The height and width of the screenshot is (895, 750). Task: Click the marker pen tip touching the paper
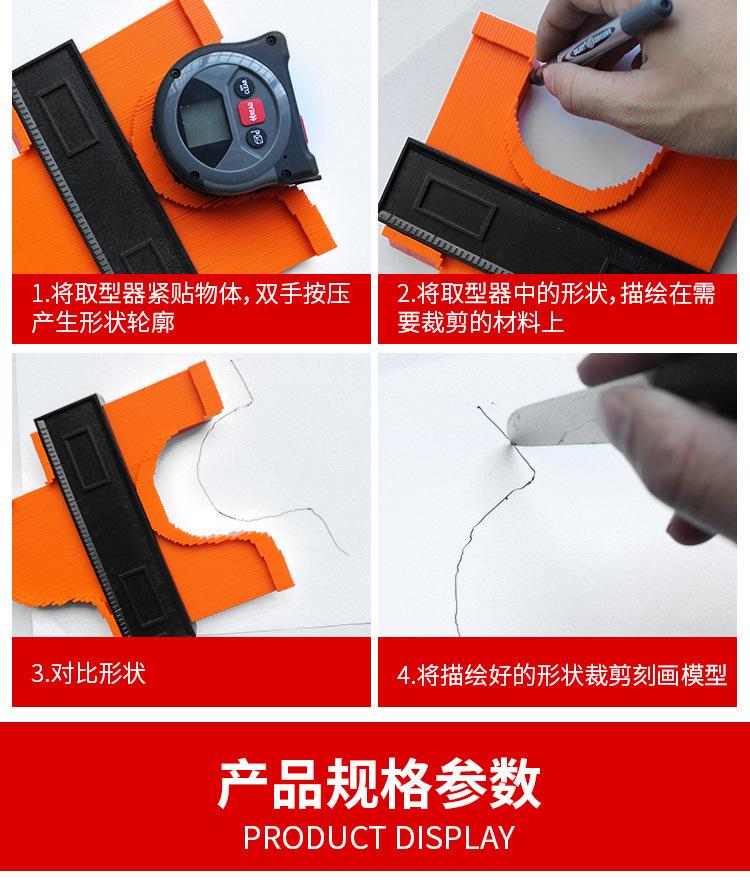coord(537,78)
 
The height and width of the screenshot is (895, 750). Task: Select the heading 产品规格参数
coord(379,783)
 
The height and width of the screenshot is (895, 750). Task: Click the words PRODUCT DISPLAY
coord(379,837)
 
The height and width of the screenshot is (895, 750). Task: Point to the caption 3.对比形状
coord(88,673)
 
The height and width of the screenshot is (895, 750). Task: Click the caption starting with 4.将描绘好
coord(562,675)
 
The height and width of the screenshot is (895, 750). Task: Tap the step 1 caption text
coord(191,308)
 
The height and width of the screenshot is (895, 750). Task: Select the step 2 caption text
coord(556,308)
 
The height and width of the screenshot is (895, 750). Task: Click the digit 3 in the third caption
coord(38,674)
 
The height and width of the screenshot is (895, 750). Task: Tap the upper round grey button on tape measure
coord(242,87)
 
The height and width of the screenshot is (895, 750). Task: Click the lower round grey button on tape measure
coord(256,137)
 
